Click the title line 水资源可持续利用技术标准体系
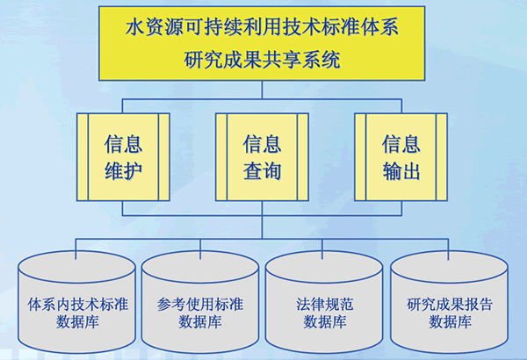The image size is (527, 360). [263, 27]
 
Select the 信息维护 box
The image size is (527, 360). [124, 157]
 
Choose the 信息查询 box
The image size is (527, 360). [263, 157]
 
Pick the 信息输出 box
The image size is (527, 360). [401, 157]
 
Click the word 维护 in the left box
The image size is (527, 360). [124, 170]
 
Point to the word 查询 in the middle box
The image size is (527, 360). [263, 170]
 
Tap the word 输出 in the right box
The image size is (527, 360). [401, 170]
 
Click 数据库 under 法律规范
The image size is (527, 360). [325, 322]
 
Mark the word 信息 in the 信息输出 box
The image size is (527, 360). [401, 143]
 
